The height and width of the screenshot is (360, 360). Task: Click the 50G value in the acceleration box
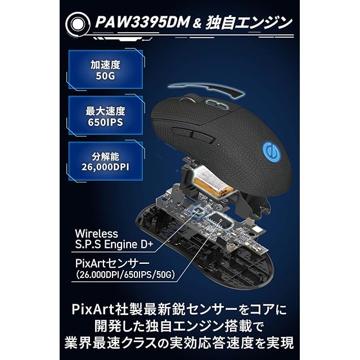tap(105, 75)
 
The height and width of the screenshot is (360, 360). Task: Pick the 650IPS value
tap(105, 121)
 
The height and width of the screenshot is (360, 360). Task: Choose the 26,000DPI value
tap(105, 167)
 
